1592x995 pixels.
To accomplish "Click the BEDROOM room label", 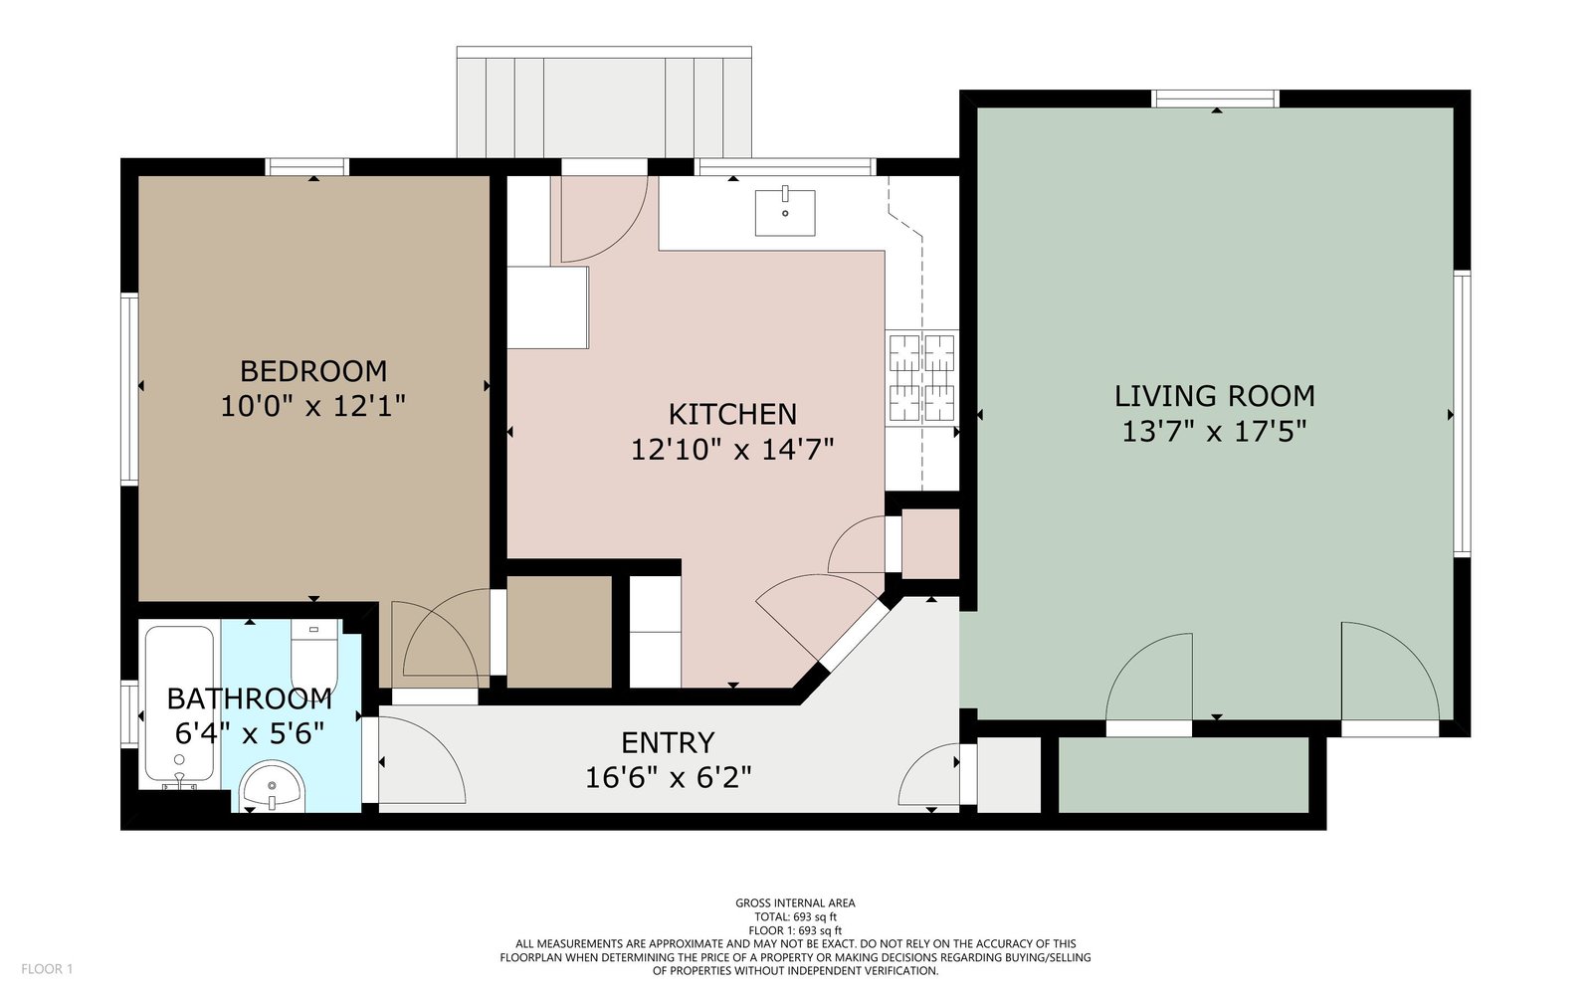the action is coord(313,371).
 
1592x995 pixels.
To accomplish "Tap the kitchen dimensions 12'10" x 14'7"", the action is coord(732,449).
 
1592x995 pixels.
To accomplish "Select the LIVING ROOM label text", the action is coord(1214,396).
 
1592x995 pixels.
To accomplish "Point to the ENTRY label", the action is coord(668,742).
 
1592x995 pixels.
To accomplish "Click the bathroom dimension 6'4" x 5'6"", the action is coord(250,732).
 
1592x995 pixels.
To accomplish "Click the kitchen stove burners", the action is coord(921,378).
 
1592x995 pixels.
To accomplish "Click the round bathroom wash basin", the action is coord(272,786).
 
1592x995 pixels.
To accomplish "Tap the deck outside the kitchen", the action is coord(604,102).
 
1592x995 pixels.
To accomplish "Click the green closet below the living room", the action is coord(1183,775).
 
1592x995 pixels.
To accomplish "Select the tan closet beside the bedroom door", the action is coord(558,632).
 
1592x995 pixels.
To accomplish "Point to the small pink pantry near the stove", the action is coord(930,543).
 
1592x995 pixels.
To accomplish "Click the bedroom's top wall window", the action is coord(307,167).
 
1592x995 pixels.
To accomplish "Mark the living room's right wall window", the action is coord(1462,414).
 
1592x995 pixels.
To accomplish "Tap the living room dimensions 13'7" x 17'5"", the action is coord(1214,432).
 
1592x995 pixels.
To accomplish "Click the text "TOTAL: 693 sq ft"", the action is coord(795,916).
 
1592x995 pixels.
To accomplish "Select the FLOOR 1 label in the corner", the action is coord(47,969).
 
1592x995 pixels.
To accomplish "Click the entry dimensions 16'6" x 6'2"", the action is coord(668,778).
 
